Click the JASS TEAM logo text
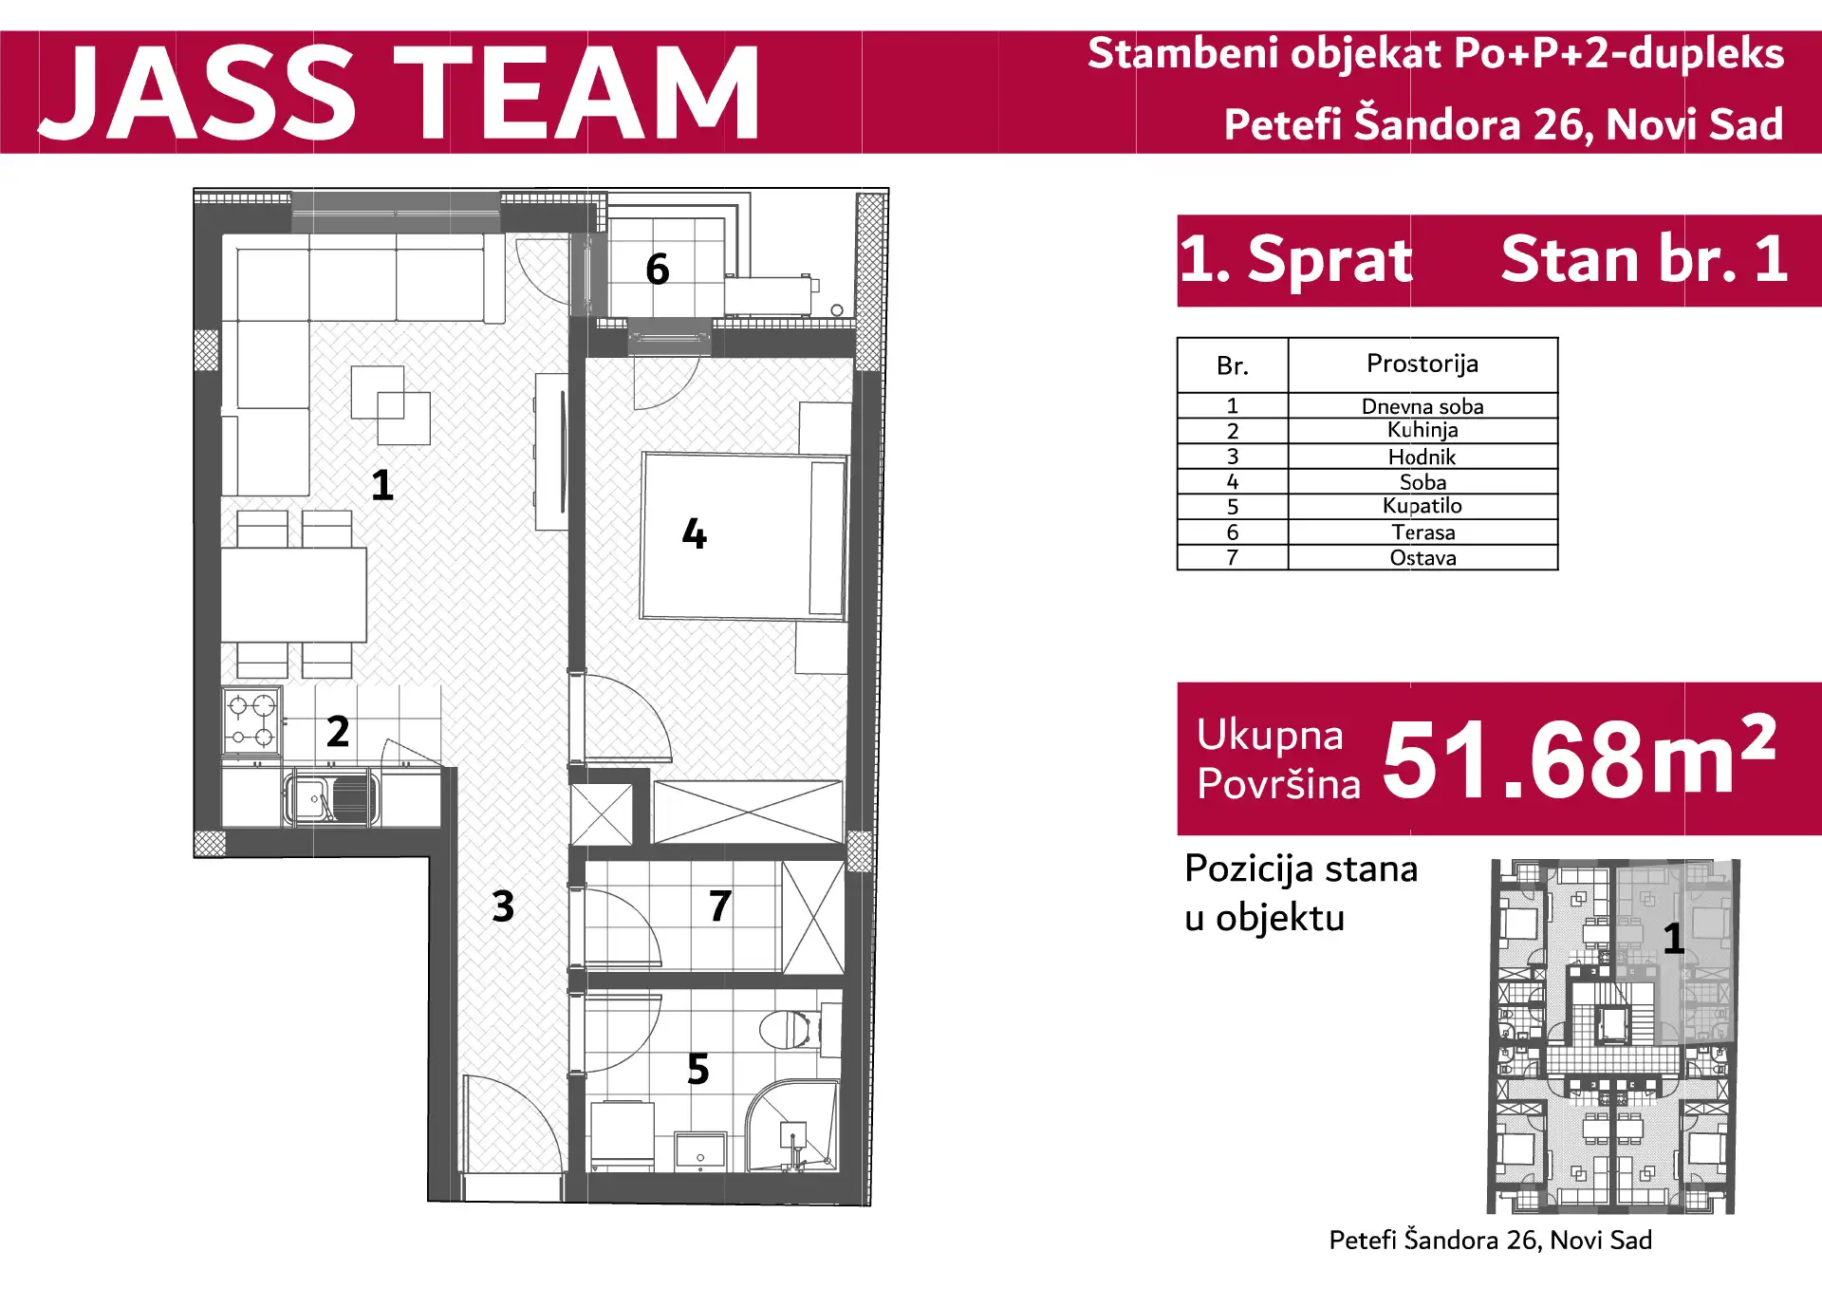(x=399, y=93)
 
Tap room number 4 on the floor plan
(x=695, y=533)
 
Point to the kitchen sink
(x=331, y=797)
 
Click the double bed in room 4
(x=743, y=536)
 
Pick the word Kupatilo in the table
(x=1422, y=507)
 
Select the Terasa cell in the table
(x=1422, y=532)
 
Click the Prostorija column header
(x=1422, y=364)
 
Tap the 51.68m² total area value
(x=1579, y=757)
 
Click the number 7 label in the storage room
(x=720, y=906)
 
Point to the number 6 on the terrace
(x=658, y=270)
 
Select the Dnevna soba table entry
(x=1422, y=406)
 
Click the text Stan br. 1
(x=1645, y=259)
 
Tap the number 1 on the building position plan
(x=1674, y=940)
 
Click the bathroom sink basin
(x=700, y=1150)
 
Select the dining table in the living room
(x=294, y=595)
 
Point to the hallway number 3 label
(x=503, y=906)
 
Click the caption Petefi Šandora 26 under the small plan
(x=1490, y=1241)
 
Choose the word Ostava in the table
(x=1422, y=558)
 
